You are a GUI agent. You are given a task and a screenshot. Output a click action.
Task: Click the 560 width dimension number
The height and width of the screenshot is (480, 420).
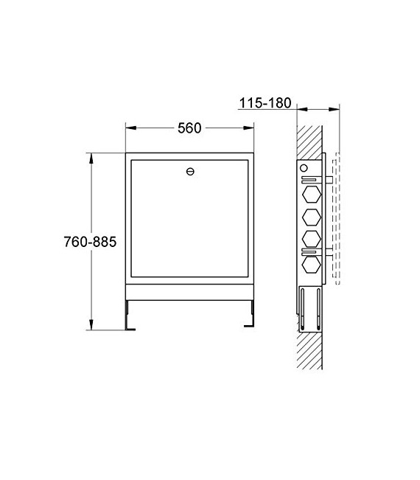[x=189, y=128]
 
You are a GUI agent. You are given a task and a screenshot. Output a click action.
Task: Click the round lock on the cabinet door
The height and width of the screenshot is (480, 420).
[x=190, y=172]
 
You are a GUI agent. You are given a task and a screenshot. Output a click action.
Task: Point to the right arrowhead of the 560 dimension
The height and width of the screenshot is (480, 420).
[x=253, y=128]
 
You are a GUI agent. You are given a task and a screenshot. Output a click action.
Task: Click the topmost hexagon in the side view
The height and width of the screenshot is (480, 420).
[x=309, y=195]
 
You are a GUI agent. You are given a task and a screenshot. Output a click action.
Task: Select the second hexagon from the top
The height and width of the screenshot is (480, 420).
[x=309, y=217]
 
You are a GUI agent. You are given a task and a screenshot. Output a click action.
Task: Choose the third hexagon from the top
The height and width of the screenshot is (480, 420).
[x=309, y=240]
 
